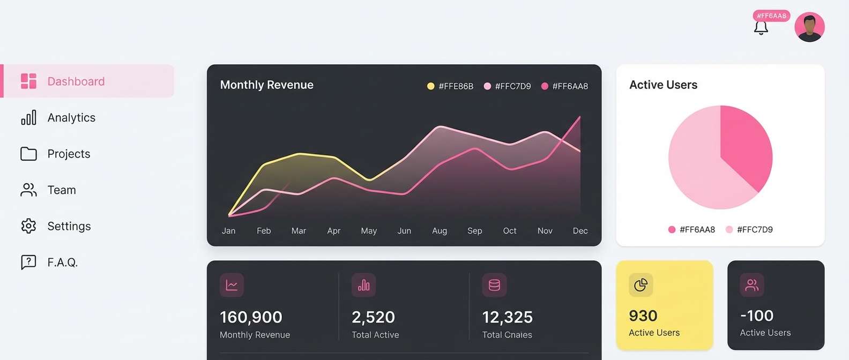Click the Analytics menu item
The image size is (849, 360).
[71, 118]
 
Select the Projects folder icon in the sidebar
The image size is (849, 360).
[28, 154]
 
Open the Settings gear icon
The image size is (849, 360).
[28, 226]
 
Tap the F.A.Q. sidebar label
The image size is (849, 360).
[62, 262]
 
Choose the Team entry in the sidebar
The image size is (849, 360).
[61, 190]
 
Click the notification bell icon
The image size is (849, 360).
[761, 28]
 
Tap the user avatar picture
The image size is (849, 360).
[809, 27]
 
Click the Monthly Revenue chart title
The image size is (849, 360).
[266, 85]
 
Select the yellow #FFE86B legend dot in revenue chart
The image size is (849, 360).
[430, 86]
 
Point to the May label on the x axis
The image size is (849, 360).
[369, 231]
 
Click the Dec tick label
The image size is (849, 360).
[580, 231]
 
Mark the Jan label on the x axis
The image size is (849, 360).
[228, 231]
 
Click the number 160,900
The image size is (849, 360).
[251, 317]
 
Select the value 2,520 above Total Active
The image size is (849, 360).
[373, 317]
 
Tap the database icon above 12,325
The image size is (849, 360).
[494, 285]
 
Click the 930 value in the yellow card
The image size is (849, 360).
[643, 316]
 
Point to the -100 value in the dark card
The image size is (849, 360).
[756, 316]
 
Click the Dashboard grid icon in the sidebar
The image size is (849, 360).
[28, 81]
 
